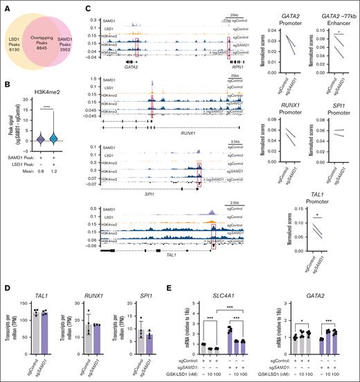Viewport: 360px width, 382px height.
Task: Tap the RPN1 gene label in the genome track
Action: coord(231,62)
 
